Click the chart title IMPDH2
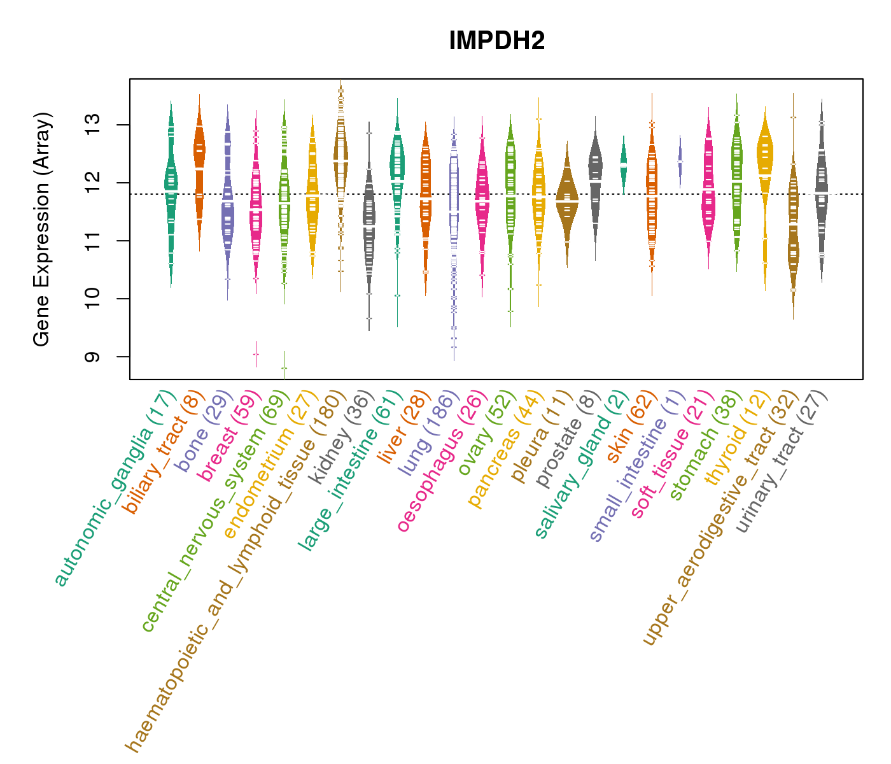496,41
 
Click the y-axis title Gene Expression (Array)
41,229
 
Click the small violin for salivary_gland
624,164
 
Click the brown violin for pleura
567,200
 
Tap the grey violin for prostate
595,178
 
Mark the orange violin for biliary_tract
199,159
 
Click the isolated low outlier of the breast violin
256,354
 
